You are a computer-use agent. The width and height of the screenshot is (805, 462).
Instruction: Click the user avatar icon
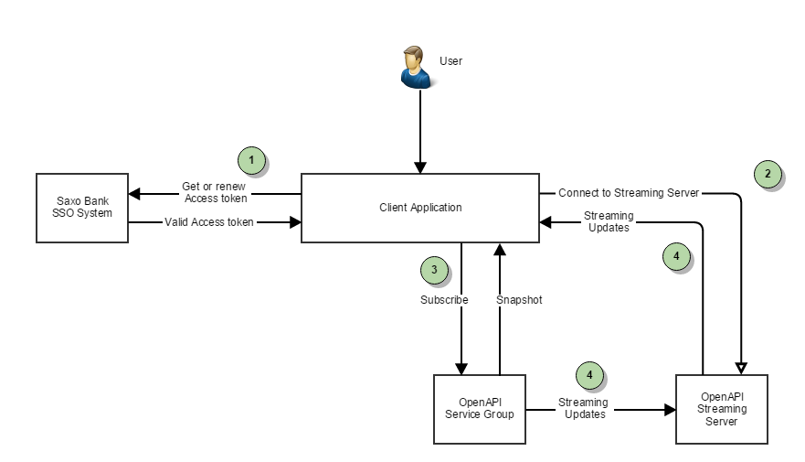417,67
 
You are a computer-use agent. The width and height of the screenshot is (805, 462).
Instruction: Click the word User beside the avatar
450,61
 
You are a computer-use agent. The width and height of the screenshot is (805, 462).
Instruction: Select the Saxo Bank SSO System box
81,207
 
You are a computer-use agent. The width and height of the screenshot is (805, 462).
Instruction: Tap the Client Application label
420,208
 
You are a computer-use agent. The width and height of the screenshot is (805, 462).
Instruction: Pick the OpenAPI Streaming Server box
722,409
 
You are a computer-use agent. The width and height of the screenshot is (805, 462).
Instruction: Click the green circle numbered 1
251,161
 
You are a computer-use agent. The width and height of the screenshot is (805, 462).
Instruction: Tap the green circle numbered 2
768,173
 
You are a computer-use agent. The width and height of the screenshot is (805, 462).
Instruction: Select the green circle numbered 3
434,270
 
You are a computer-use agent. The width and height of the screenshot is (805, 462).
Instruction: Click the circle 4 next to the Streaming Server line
675,258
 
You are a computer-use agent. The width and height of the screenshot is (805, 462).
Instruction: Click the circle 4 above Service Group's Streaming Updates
589,374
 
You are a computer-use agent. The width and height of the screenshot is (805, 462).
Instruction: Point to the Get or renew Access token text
215,192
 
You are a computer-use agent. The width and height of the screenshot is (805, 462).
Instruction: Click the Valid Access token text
209,221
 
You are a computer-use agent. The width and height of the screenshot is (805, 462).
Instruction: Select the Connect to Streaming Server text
629,192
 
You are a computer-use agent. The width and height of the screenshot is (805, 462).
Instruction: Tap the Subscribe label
444,299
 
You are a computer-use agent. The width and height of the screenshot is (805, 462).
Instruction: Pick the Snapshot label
519,299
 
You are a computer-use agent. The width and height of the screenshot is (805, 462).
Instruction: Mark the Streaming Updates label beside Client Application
608,221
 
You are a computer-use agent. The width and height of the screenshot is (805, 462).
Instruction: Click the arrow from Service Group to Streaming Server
640,410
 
